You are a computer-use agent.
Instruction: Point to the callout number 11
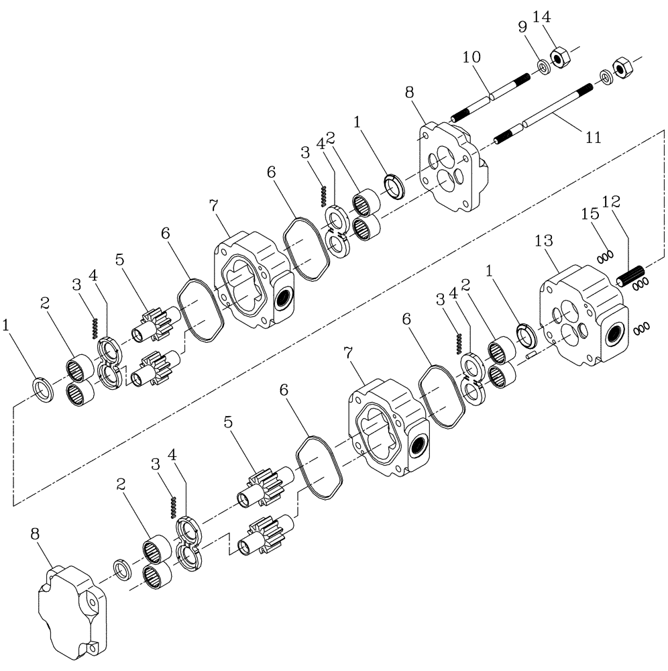593,138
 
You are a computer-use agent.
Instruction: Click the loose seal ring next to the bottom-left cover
123,569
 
